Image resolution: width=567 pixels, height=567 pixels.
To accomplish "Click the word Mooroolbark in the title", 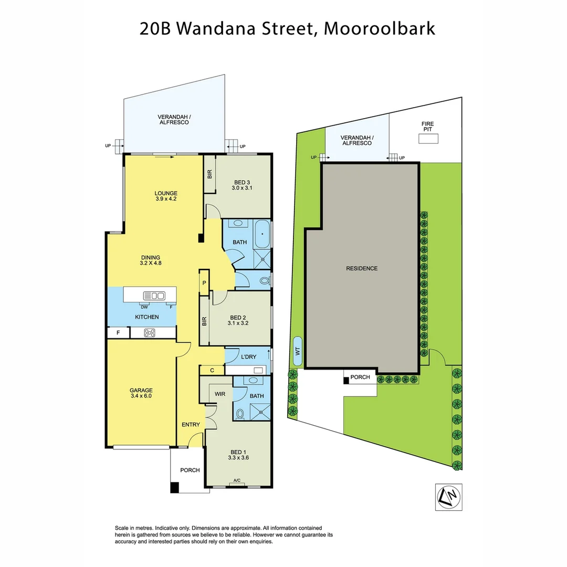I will coord(379,28).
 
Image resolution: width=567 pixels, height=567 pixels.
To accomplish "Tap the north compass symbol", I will coord(450,496).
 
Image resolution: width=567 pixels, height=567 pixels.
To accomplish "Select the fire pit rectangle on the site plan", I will coord(428,139).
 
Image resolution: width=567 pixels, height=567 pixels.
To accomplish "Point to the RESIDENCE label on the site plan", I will coord(361,268).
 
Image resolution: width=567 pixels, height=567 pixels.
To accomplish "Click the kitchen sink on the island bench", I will coord(154,295).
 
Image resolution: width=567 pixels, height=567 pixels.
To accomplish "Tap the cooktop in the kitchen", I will coord(151,332).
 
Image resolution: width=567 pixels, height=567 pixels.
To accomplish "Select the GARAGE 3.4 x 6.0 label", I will coord(141,394).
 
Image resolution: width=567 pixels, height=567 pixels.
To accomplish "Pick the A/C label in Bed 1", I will coord(237,480).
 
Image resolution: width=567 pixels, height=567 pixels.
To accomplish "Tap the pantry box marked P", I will coord(204,283).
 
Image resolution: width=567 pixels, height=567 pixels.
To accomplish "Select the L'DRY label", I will coord(248,357).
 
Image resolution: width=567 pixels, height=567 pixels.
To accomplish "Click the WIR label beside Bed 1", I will coord(219,393).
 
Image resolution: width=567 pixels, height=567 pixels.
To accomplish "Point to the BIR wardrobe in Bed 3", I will coord(209,175).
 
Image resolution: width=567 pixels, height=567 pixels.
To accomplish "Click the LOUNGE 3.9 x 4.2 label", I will coord(166,196).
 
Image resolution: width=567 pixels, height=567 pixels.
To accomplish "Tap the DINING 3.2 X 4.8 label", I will coord(151,260).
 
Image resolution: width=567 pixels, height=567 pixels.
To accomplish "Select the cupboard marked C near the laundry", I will coord(212,370).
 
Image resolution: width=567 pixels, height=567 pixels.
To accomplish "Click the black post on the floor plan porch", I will coord(174,487).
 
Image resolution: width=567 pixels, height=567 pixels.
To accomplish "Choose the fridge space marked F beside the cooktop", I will coord(118,332).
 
